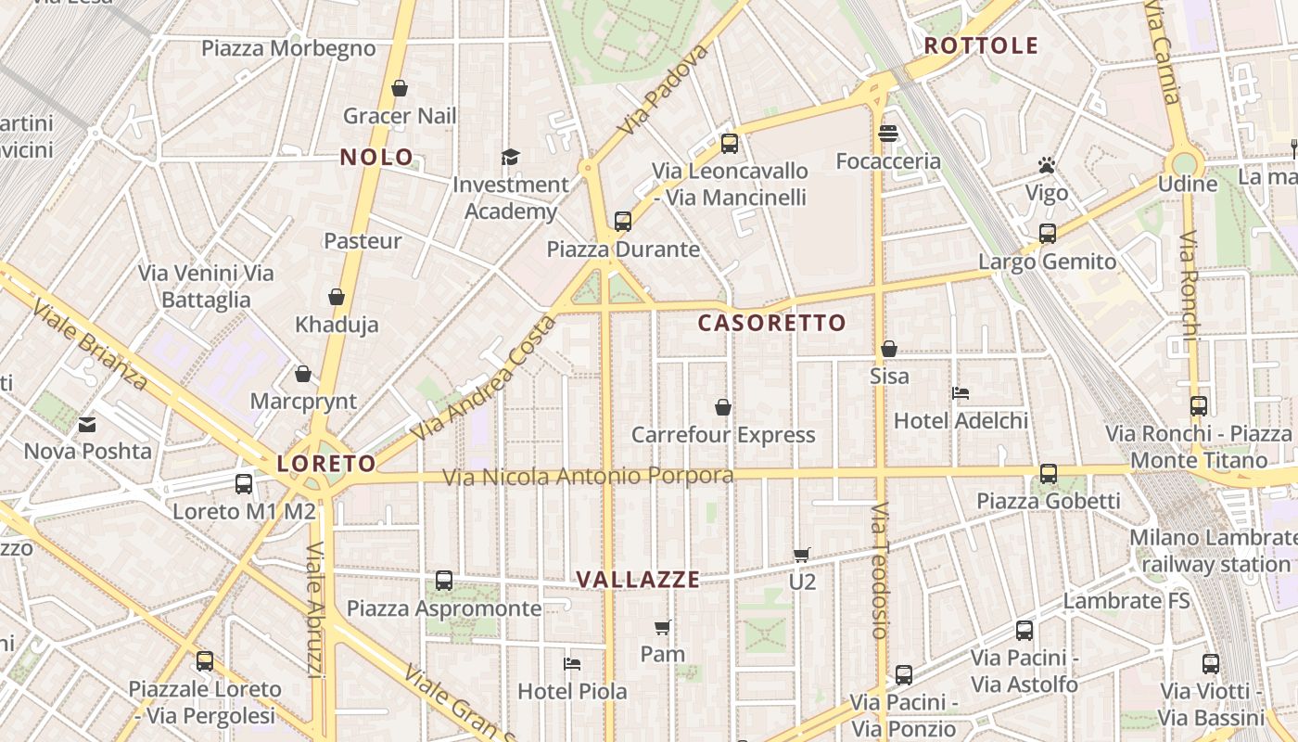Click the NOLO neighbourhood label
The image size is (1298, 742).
[x=376, y=157]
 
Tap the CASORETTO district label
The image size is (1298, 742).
[x=771, y=323]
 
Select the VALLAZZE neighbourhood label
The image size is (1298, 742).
[x=638, y=580]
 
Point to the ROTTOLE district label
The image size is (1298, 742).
[x=981, y=45]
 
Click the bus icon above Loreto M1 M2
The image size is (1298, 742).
[x=244, y=483]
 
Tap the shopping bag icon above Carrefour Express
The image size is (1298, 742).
[x=723, y=407]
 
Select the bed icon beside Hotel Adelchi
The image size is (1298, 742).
[x=961, y=393]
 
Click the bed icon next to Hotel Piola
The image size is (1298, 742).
[x=572, y=664]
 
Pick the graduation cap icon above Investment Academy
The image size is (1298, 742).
[x=510, y=157]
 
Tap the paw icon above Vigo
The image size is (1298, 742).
[x=1047, y=166]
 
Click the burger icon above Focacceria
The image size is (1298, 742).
[x=887, y=134]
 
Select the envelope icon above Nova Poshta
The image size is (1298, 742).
[x=87, y=425]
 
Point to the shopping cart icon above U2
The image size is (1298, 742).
[x=801, y=556]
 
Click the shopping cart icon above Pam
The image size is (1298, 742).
[x=662, y=628]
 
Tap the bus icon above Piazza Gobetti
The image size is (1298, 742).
[x=1049, y=474]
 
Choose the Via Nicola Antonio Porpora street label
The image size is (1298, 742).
[x=588, y=477]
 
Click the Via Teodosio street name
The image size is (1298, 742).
[x=880, y=569]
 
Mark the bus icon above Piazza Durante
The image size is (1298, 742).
[x=623, y=222]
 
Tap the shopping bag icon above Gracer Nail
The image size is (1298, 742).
[x=400, y=88]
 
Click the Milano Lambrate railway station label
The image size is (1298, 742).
[x=1215, y=551]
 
